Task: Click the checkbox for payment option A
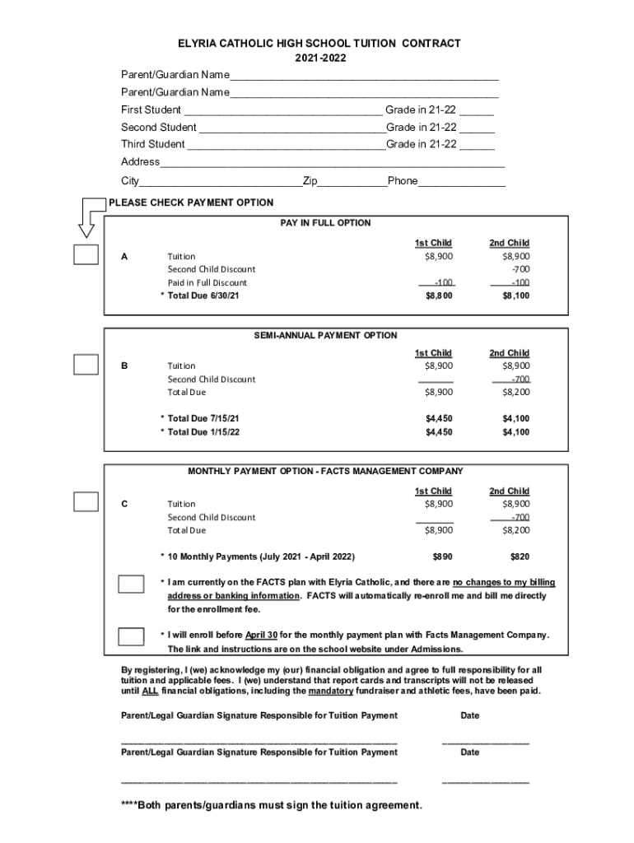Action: click(x=86, y=255)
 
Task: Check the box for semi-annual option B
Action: click(x=86, y=365)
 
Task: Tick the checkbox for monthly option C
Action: click(x=86, y=502)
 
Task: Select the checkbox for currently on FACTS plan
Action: click(x=131, y=584)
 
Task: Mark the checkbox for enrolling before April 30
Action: click(x=131, y=636)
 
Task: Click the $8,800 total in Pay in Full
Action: click(x=438, y=296)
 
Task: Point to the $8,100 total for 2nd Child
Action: click(x=516, y=296)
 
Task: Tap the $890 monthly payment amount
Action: click(x=442, y=557)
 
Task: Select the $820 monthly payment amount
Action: click(x=520, y=557)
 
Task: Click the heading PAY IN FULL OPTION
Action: click(x=325, y=223)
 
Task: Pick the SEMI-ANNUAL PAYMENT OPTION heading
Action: click(x=325, y=335)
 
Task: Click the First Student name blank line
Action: click(x=283, y=110)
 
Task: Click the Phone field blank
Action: click(x=461, y=181)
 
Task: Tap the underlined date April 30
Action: click(x=261, y=636)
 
